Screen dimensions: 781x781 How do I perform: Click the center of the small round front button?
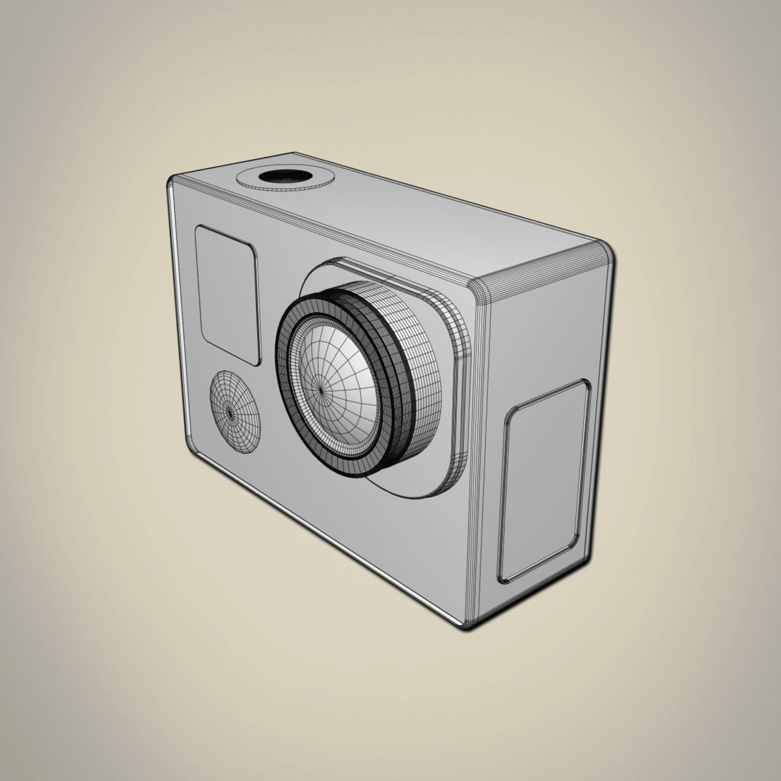230,412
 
